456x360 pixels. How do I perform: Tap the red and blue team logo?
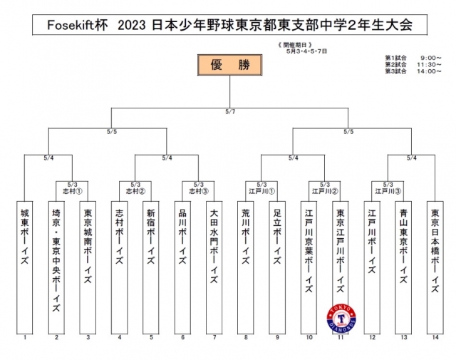341,317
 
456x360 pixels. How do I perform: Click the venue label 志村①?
72,190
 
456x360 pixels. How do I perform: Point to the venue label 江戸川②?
324,190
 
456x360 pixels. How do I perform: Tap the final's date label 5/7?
229,111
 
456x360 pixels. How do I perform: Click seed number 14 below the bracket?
435,336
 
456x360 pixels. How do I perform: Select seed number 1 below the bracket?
25,336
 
